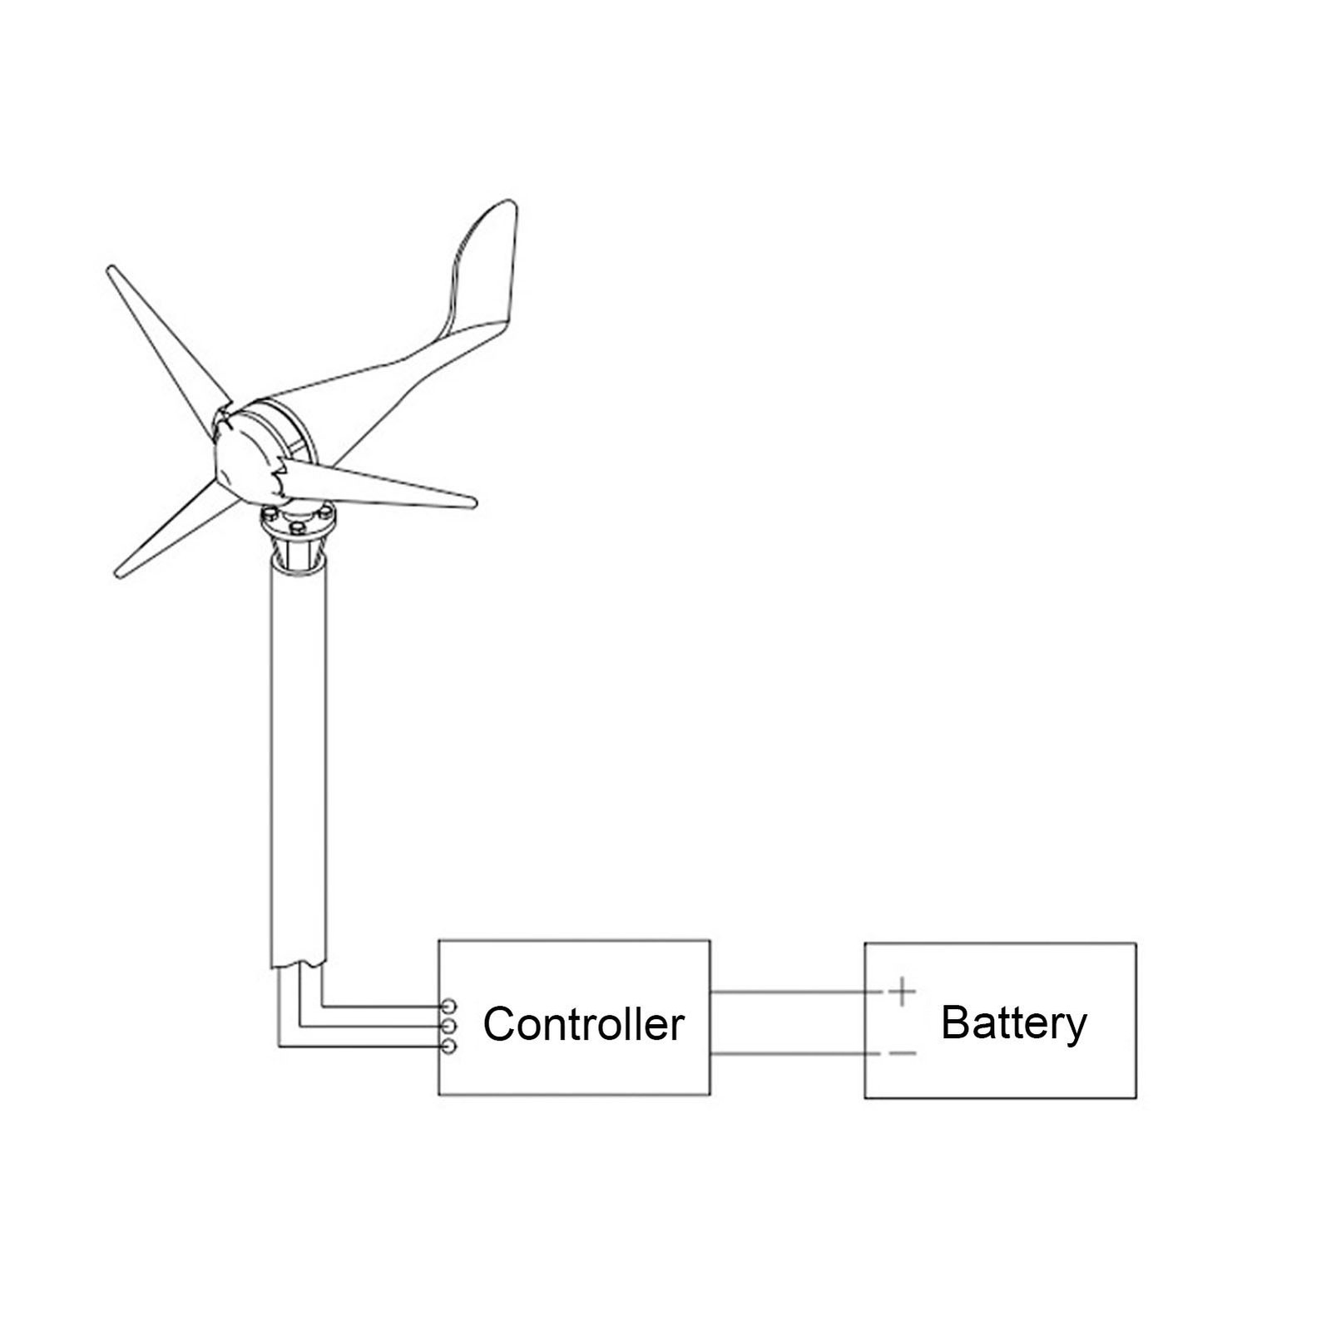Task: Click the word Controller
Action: [583, 1024]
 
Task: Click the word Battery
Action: [1013, 1022]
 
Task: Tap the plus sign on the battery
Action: [902, 992]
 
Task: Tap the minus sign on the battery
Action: [902, 1053]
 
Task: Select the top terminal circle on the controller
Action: [449, 1007]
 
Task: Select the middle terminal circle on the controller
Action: [449, 1027]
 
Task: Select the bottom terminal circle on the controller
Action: [449, 1046]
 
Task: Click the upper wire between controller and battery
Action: [790, 992]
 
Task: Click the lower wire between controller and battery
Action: [790, 1054]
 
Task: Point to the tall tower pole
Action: [299, 749]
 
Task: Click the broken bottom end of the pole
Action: [299, 963]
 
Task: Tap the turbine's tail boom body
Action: [374, 391]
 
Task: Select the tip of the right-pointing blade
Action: [472, 502]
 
